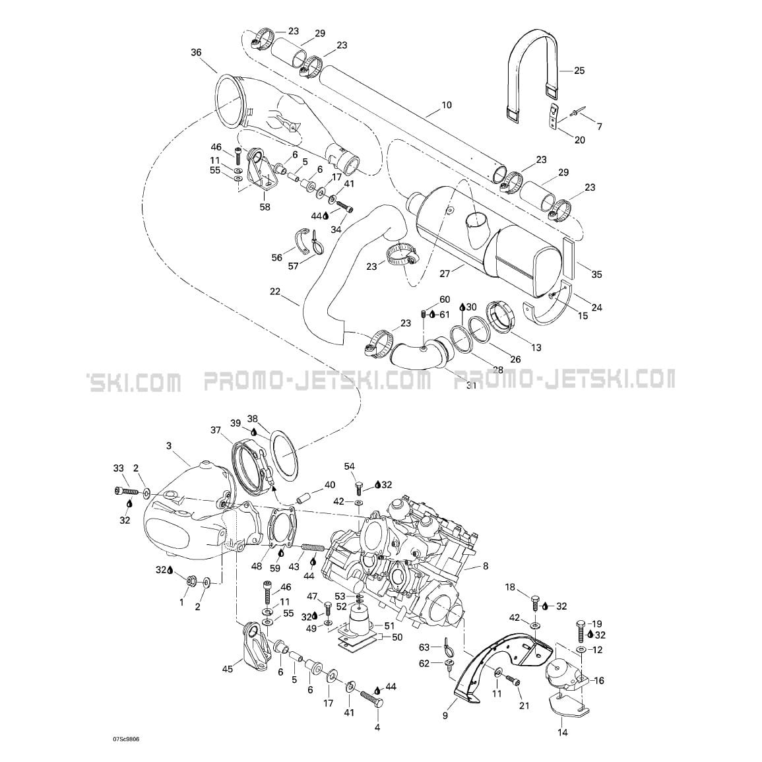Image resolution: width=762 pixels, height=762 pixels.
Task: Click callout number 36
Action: [x=196, y=53]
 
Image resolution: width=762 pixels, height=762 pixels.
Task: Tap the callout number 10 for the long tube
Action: [x=447, y=104]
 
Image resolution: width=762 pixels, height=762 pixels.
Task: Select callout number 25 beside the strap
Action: [x=579, y=71]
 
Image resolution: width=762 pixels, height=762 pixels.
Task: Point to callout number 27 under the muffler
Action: [x=445, y=274]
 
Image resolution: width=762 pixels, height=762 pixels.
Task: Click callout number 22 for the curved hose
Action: [x=275, y=292]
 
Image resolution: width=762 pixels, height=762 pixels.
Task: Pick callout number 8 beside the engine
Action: [x=486, y=565]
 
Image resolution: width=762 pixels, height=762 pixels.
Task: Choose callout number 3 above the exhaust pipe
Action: [x=169, y=445]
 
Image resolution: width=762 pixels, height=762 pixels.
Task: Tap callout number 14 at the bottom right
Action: [x=563, y=732]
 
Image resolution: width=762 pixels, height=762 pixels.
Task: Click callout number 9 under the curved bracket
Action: [x=445, y=716]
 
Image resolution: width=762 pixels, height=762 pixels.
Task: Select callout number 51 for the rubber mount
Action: [x=390, y=626]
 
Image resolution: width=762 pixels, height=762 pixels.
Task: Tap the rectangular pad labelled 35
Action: [x=569, y=258]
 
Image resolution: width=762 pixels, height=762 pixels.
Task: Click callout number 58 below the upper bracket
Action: [x=265, y=207]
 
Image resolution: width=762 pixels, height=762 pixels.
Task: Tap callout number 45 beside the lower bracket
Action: [x=228, y=669]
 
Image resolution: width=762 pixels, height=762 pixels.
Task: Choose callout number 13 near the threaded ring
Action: [x=536, y=348]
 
